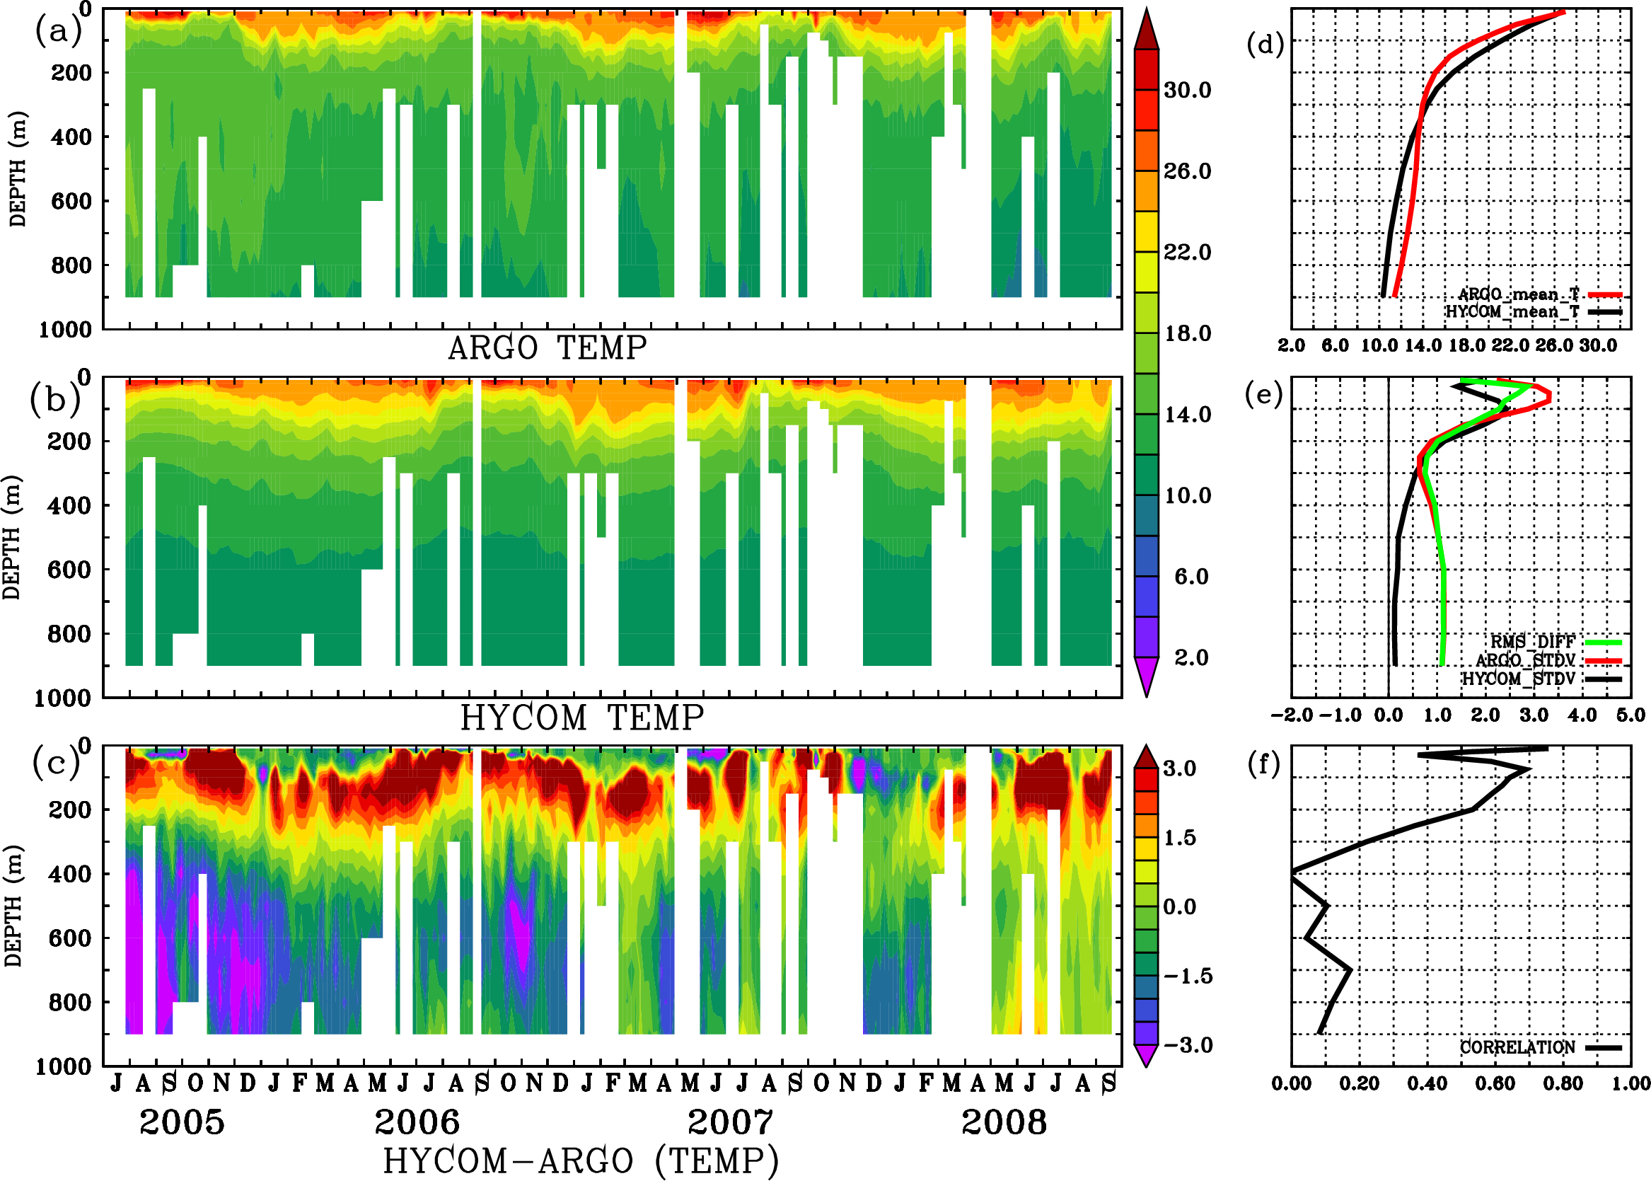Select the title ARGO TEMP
click(547, 348)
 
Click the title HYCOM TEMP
click(581, 718)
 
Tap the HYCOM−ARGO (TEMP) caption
click(580, 1160)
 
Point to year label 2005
click(182, 1122)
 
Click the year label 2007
click(730, 1122)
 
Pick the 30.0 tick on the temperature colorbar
click(1187, 90)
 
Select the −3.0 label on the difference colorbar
click(1188, 1045)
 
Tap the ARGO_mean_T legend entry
click(1519, 294)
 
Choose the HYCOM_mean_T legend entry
click(1513, 312)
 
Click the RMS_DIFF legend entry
click(1532, 642)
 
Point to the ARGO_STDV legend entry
click(1525, 660)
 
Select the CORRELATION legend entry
click(1518, 1047)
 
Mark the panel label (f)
click(1263, 764)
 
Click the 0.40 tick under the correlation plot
click(1427, 1084)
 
